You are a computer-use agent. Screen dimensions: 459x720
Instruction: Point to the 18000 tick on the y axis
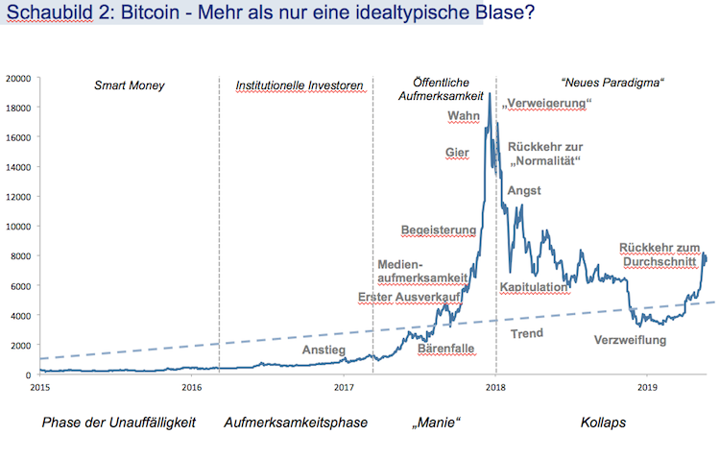click(20, 107)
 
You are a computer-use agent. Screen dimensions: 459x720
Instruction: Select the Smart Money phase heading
click(130, 85)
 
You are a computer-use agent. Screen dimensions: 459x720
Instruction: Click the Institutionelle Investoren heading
click(300, 86)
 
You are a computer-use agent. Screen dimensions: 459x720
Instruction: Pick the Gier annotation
click(457, 153)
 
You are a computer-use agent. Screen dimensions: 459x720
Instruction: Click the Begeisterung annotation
click(439, 230)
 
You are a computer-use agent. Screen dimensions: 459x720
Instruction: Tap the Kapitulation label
click(535, 287)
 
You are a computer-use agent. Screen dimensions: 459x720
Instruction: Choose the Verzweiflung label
click(631, 340)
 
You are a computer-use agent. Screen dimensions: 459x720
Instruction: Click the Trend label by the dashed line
click(527, 333)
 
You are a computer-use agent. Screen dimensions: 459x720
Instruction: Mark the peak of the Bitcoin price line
click(490, 94)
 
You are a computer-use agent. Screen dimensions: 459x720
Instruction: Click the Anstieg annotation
click(324, 350)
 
